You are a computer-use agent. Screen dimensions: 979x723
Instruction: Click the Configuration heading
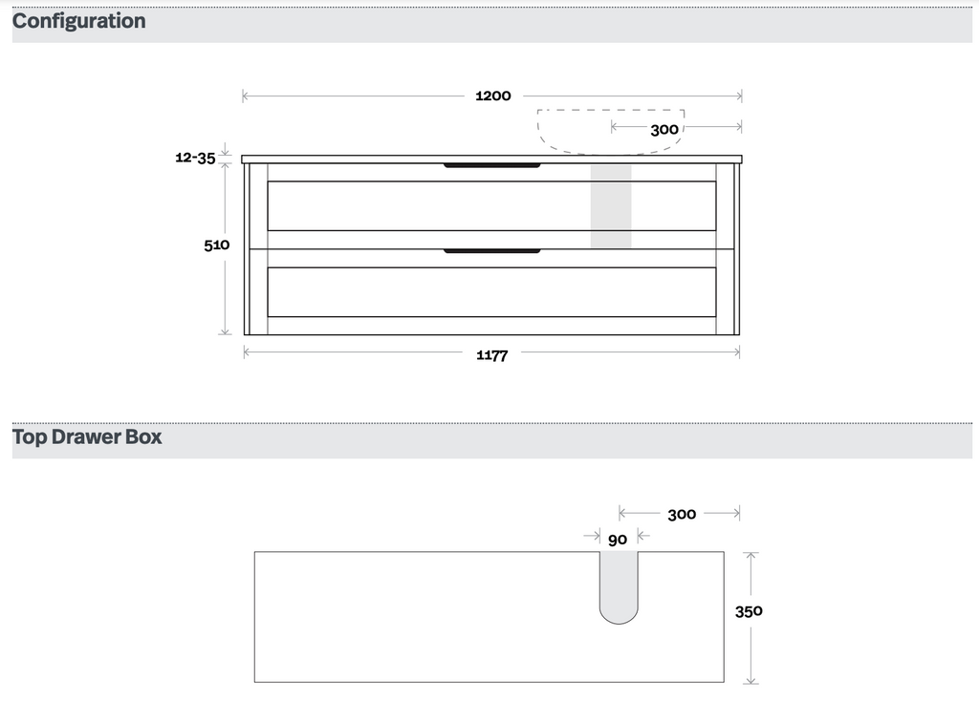point(78,21)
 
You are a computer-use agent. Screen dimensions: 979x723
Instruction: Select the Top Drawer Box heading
point(87,436)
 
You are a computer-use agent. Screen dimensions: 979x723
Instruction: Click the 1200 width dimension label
point(493,96)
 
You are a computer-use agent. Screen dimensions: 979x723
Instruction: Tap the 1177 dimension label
point(492,355)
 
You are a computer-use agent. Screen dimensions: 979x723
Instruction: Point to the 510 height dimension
point(217,245)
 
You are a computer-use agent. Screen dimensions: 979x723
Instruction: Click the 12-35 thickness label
point(195,158)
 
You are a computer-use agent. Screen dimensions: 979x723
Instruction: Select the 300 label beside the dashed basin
point(664,130)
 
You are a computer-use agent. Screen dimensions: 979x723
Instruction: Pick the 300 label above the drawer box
point(682,515)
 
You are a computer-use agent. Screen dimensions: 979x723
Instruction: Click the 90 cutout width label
point(618,541)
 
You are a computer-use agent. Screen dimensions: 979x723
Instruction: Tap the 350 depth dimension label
point(749,611)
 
